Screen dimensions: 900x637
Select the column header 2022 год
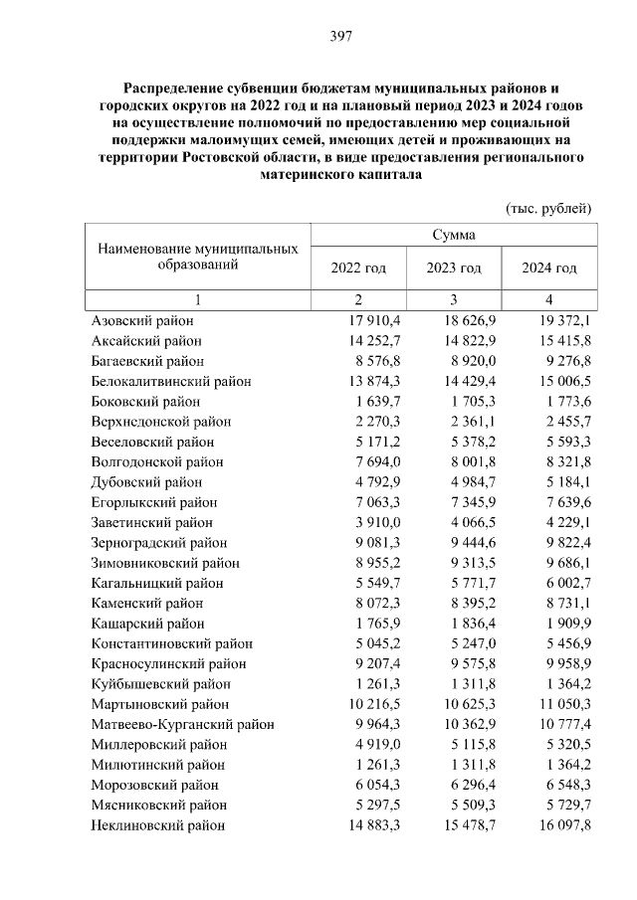pos(358,269)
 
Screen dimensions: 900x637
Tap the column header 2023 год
pos(454,269)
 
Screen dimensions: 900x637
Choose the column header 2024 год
pos(549,269)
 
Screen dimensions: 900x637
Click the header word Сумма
pos(453,235)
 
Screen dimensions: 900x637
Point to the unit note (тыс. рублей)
pos(549,208)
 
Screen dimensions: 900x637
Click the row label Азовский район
pos(142,321)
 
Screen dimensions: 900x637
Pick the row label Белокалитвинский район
pos(171,381)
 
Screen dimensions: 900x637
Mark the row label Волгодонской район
pos(157,461)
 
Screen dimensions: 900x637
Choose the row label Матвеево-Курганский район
pos(182,724)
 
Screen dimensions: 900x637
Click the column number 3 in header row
pos(454,299)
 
